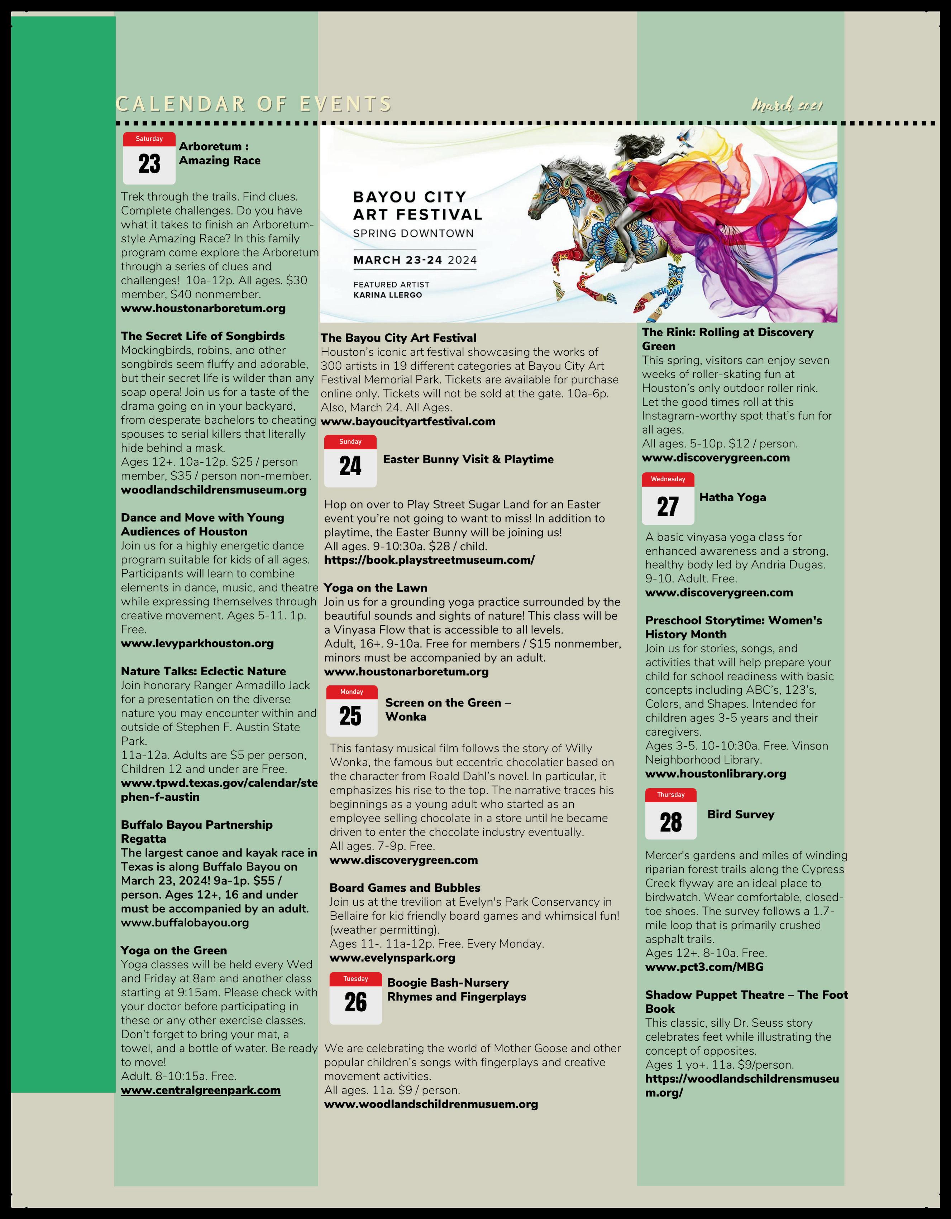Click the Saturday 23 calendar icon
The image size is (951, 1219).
149,158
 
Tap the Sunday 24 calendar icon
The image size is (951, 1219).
350,461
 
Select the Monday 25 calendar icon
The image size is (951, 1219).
352,710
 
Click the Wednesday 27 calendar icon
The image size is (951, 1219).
668,498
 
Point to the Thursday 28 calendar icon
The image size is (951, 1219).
671,814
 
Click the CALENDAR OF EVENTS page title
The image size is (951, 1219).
254,104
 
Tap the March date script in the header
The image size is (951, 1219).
786,105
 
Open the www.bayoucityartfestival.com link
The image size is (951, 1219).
408,421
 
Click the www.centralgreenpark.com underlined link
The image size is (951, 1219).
200,1090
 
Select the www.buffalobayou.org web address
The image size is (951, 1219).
185,922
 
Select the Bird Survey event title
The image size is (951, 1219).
740,814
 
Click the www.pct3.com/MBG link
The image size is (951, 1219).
704,967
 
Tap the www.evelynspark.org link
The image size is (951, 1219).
392,958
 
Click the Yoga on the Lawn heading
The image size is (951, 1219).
375,588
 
